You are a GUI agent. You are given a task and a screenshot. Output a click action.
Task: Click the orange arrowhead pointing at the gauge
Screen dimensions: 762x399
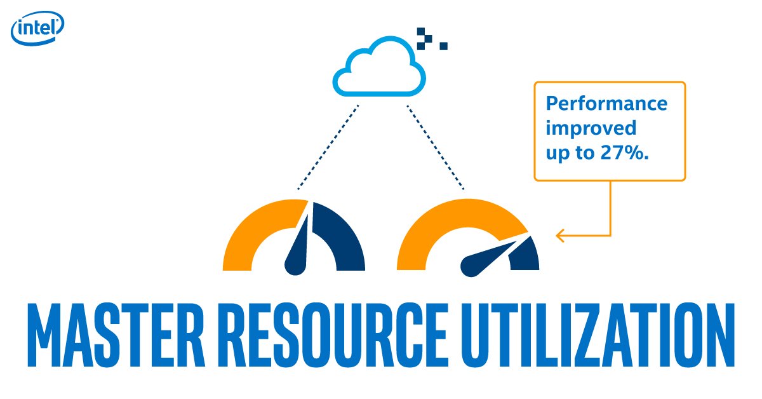(560, 236)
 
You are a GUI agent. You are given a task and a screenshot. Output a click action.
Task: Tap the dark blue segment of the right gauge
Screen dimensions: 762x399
(527, 254)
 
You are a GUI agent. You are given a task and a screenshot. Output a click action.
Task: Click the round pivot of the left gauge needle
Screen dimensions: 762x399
(295, 266)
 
